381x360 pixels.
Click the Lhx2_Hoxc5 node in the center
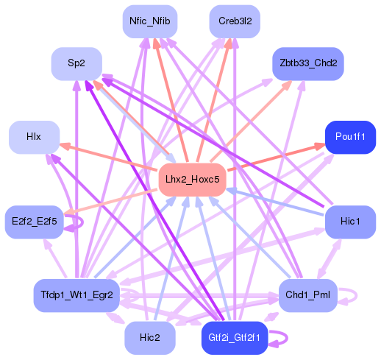tap(191, 180)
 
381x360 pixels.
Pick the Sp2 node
tap(76, 64)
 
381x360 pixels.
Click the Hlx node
tap(34, 137)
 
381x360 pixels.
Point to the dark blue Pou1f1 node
tap(350, 138)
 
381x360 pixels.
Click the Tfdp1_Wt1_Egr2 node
tap(76, 295)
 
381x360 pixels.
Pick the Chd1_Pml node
tap(307, 295)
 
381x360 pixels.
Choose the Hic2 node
tap(149, 337)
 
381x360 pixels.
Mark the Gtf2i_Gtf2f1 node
tap(234, 337)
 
